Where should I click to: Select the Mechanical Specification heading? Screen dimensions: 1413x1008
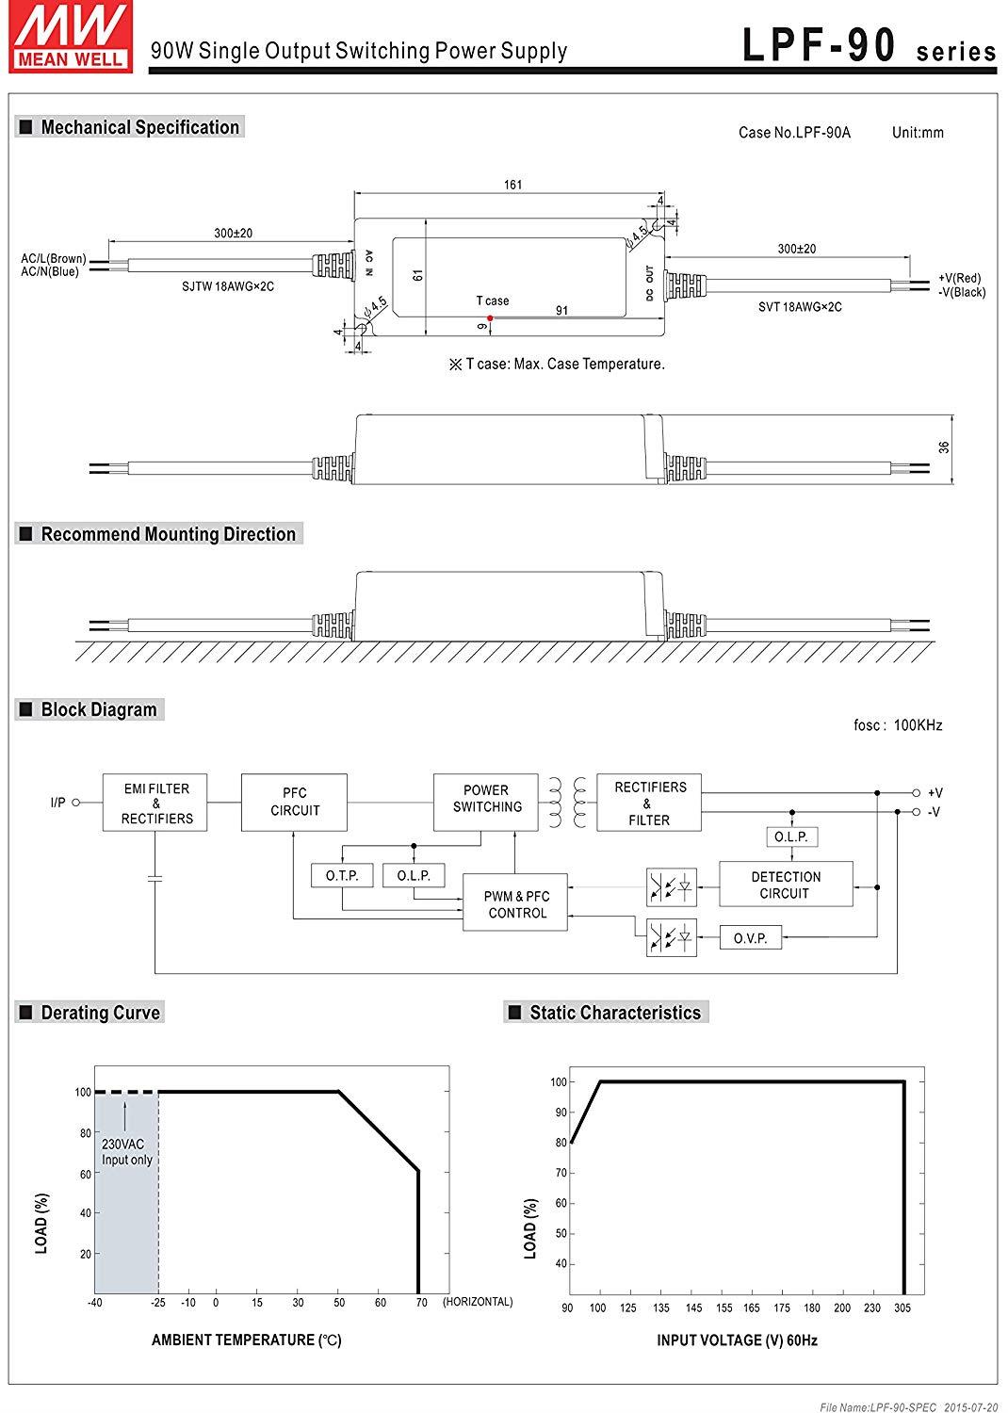139,127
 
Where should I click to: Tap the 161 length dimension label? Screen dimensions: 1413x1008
512,185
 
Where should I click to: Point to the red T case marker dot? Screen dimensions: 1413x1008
490,317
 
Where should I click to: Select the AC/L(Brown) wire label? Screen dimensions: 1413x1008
53,258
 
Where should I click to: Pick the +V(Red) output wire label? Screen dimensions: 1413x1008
959,278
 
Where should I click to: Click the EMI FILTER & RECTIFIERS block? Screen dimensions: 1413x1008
155,804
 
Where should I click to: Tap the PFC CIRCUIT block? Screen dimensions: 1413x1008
294,803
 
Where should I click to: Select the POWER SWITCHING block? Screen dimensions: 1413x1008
486,799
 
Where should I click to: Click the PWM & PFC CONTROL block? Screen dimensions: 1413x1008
516,904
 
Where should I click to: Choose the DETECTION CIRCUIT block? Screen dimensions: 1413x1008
786,885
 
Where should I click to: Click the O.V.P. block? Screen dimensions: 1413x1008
750,938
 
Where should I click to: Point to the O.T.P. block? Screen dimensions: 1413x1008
342,876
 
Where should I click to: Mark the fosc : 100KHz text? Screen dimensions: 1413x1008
897,725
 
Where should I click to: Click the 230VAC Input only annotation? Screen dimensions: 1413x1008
126,1152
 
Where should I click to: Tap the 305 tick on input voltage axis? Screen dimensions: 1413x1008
902,1307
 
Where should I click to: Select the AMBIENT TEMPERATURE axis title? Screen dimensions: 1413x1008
246,1340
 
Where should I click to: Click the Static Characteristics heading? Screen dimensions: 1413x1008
614,1013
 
